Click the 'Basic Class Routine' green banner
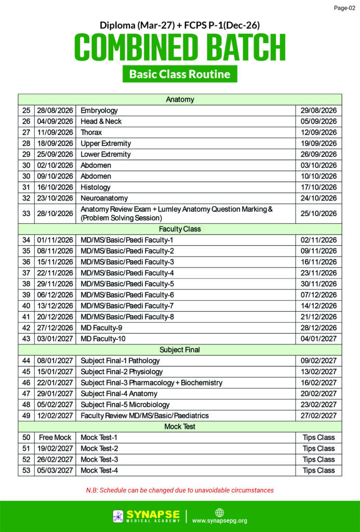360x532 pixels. tap(180, 74)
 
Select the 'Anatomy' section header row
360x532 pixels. tap(180, 99)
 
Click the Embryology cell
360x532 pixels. tap(99, 110)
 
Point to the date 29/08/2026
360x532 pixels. tap(318, 110)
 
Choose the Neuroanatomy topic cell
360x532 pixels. tap(104, 198)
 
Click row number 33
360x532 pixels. tap(26, 213)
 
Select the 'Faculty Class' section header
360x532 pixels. tap(180, 229)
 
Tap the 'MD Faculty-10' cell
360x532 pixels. tap(103, 339)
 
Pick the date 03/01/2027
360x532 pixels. tap(55, 339)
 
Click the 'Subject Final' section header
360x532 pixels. tap(180, 350)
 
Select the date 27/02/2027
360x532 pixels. tap(318, 416)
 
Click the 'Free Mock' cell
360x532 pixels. tap(55, 437)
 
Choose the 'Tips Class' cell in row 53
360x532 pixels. tap(318, 470)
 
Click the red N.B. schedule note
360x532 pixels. tap(180, 490)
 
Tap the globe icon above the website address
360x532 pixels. tap(219, 512)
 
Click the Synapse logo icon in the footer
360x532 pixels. tap(118, 516)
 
